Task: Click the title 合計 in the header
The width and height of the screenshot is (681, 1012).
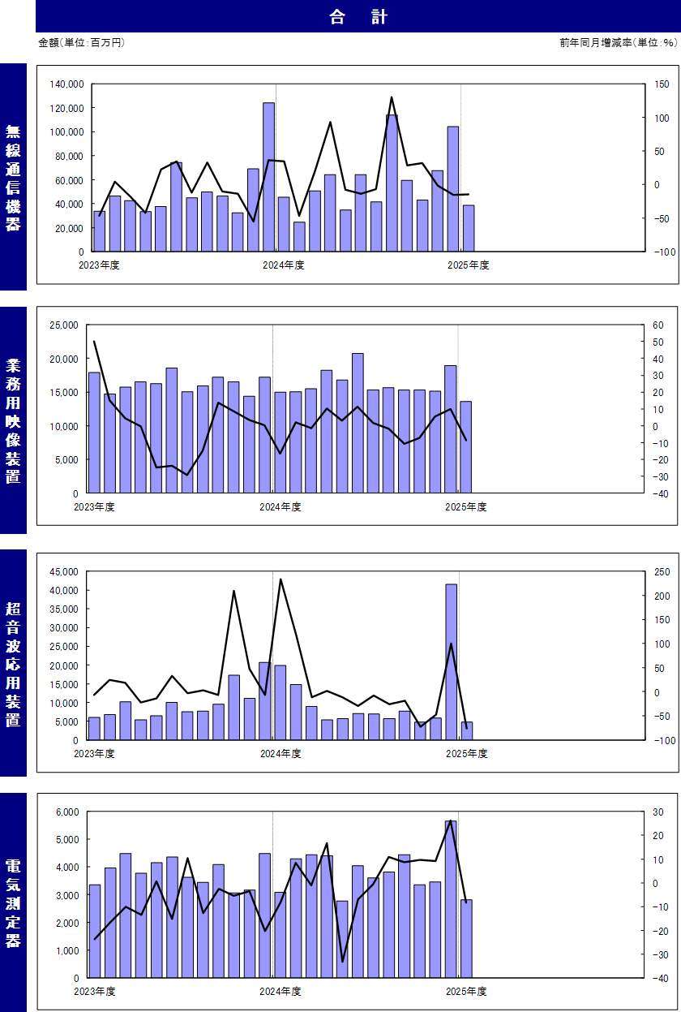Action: (358, 17)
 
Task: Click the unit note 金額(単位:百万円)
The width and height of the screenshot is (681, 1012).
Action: (81, 42)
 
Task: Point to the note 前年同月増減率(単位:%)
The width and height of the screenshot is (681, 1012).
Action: (618, 42)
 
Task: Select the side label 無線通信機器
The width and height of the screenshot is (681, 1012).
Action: (13, 178)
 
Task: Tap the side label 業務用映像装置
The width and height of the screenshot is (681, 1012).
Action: (13, 420)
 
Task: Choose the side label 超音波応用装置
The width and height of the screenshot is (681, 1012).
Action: (13, 664)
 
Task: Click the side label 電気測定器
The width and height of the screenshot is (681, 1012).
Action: (13, 902)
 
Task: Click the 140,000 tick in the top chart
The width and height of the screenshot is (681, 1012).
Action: (66, 84)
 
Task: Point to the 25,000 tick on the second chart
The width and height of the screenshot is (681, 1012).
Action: (63, 325)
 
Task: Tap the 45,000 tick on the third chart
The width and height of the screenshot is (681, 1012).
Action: (63, 572)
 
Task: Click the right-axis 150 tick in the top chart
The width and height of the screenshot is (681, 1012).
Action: (662, 84)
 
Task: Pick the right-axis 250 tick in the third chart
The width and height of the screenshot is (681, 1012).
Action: (662, 572)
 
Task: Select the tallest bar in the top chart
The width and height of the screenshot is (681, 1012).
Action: (268, 177)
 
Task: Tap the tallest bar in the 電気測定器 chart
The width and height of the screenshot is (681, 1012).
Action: (451, 898)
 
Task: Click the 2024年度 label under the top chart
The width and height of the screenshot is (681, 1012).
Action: (283, 265)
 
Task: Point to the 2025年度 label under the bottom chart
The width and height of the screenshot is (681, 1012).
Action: (465, 991)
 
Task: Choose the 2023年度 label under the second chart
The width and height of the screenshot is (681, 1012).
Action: (94, 507)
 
